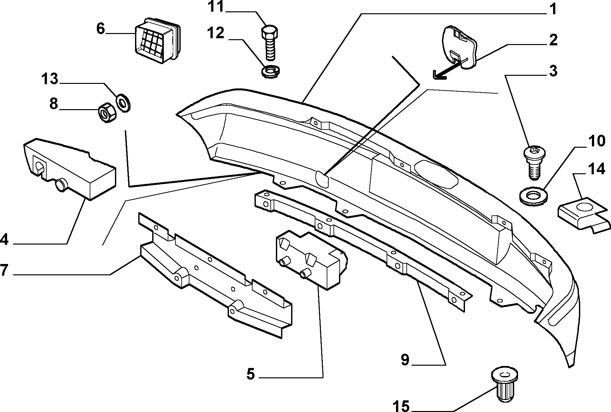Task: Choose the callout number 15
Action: pyautogui.click(x=401, y=406)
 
